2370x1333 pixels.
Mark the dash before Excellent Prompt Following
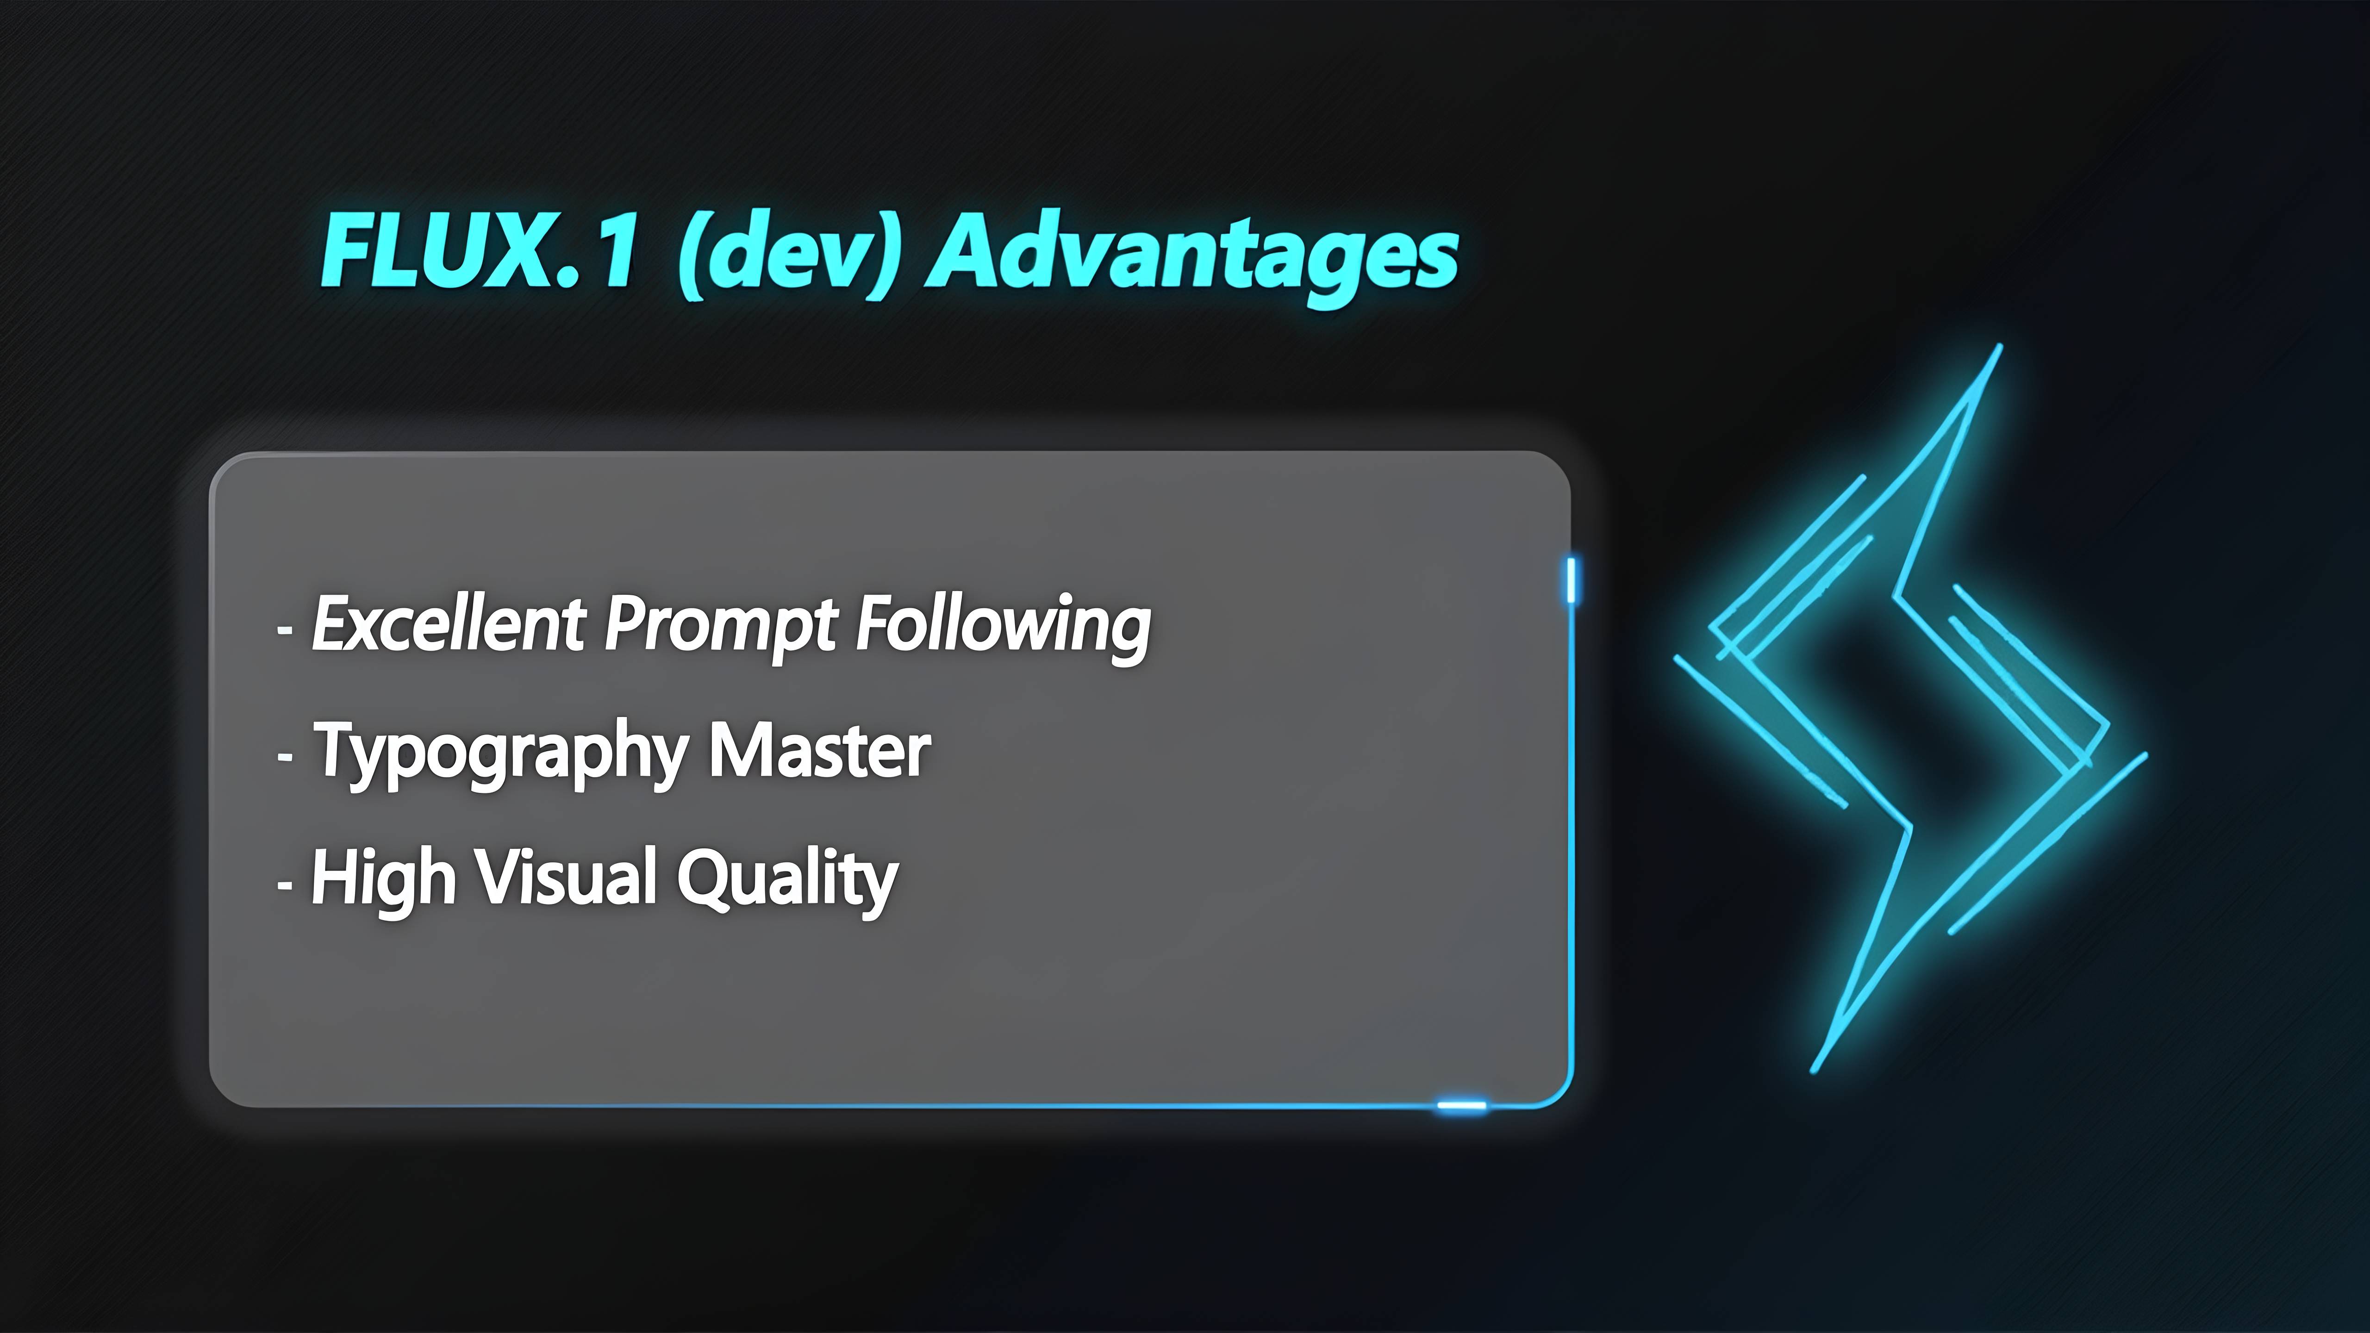pyautogui.click(x=285, y=631)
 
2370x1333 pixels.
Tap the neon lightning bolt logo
pyautogui.click(x=1910, y=708)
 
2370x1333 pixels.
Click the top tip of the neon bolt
pyautogui.click(x=2000, y=346)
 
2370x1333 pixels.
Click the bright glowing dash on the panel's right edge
pyautogui.click(x=1572, y=579)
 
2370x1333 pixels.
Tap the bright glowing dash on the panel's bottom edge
pyautogui.click(x=1462, y=1105)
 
